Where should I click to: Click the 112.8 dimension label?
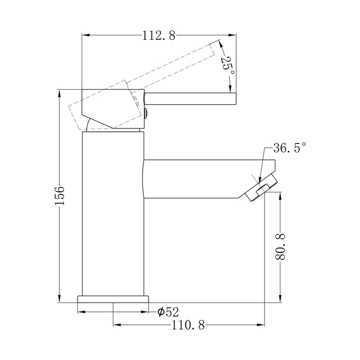(159, 36)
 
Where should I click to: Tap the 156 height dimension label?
(60, 196)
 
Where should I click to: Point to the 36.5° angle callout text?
(290, 148)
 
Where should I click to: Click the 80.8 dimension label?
(280, 247)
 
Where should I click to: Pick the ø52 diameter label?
(168, 312)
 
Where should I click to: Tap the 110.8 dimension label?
(188, 325)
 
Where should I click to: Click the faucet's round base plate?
(113, 299)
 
